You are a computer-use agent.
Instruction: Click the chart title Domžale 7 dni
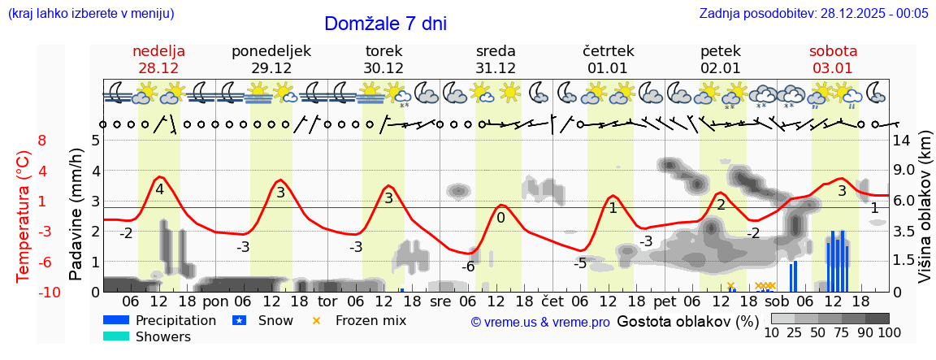385,24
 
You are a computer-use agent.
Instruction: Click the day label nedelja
159,51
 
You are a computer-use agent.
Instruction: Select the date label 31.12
496,68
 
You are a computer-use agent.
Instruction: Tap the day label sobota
833,51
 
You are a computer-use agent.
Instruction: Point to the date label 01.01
608,68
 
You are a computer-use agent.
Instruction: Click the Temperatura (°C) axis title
24,216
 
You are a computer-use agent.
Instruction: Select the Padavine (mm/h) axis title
76,215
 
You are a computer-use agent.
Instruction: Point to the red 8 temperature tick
42,141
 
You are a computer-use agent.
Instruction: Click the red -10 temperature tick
38,292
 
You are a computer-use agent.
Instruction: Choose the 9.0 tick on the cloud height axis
905,171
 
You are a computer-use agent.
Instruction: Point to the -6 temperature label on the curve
468,267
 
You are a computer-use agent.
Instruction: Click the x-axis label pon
215,301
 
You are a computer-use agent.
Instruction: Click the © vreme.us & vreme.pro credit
540,322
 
